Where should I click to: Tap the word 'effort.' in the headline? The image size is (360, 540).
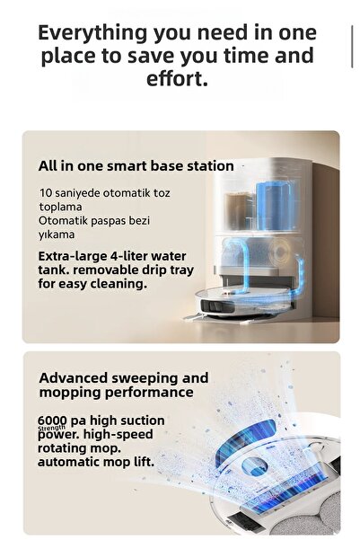pos(178,78)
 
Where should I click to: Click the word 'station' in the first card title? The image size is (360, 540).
pos(209,166)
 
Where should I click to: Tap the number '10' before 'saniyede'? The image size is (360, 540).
pos(46,193)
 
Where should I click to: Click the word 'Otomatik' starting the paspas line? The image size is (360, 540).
pos(63,220)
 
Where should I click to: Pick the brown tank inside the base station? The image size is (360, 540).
pos(237,211)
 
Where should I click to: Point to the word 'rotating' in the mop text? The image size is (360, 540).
pos(65,447)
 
